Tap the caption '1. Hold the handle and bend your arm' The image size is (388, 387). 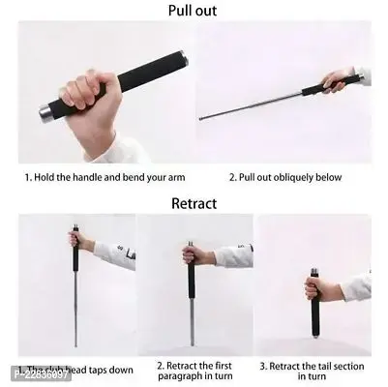104,178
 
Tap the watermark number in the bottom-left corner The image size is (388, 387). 39,374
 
